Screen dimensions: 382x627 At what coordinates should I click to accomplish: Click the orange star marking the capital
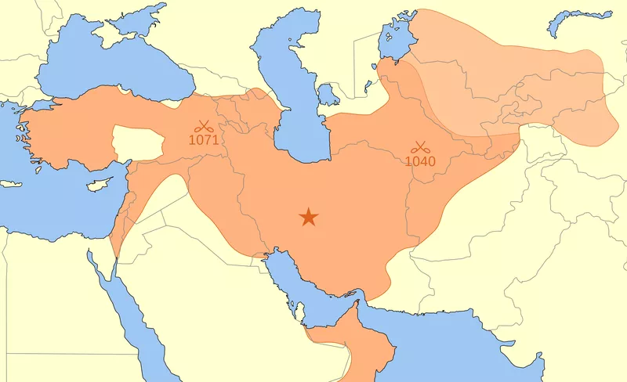coord(309,217)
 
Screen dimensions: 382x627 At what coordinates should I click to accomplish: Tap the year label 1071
coord(203,140)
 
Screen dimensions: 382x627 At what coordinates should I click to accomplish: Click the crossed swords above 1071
coord(203,125)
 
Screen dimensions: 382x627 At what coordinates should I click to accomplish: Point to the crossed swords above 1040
coord(420,146)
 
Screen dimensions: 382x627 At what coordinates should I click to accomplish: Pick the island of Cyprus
coord(96,187)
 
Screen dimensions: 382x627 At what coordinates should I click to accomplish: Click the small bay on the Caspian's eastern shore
coord(328,95)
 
